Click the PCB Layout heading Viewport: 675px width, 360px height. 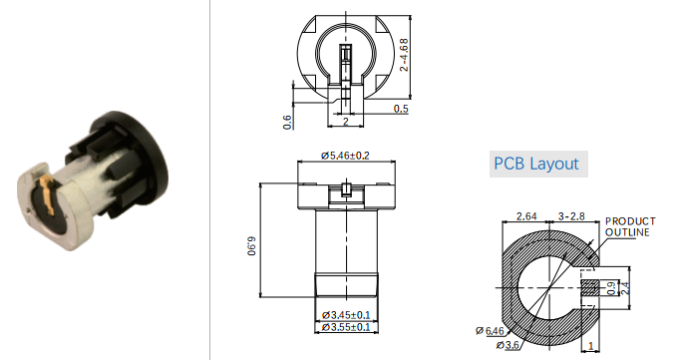[536, 164]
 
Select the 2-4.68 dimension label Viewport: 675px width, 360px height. [404, 55]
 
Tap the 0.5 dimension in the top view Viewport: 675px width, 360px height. [401, 109]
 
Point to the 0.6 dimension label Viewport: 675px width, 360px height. [287, 123]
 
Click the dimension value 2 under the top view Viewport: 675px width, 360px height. [345, 122]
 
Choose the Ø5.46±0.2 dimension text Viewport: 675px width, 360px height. [345, 156]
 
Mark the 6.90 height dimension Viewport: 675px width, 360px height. [252, 245]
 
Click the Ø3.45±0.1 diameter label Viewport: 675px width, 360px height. [346, 315]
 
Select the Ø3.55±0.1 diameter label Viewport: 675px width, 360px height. [346, 327]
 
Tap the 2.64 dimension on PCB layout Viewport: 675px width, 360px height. [526, 216]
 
